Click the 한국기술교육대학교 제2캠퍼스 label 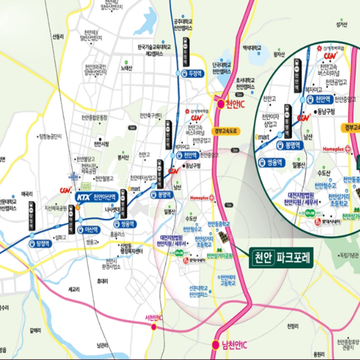click(164, 50)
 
